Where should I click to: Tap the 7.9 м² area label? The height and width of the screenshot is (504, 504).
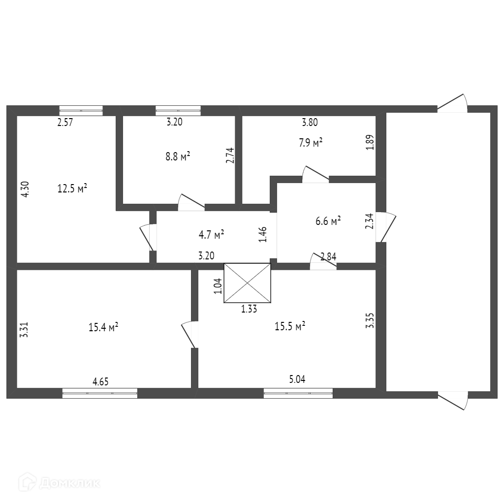(311, 143)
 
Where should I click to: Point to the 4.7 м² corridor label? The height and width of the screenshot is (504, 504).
(212, 234)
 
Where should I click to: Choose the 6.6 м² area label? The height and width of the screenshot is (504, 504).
(328, 221)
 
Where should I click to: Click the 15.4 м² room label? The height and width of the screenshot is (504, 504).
(103, 327)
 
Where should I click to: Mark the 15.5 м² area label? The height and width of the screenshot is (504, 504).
(290, 326)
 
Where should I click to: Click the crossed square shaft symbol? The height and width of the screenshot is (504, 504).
(247, 283)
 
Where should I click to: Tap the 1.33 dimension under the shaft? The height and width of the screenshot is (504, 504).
(249, 309)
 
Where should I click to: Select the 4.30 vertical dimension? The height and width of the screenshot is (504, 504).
(26, 189)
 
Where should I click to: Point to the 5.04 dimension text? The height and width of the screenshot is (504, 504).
(298, 379)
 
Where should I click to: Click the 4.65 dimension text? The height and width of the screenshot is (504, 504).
(100, 381)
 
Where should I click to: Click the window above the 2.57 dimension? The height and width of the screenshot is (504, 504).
(81, 110)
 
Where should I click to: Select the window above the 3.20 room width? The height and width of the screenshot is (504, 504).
(178, 110)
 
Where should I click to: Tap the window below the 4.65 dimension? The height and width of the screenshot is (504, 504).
(100, 393)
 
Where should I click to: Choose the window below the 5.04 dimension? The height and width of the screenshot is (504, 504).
(298, 393)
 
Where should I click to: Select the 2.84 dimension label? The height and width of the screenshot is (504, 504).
(328, 256)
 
